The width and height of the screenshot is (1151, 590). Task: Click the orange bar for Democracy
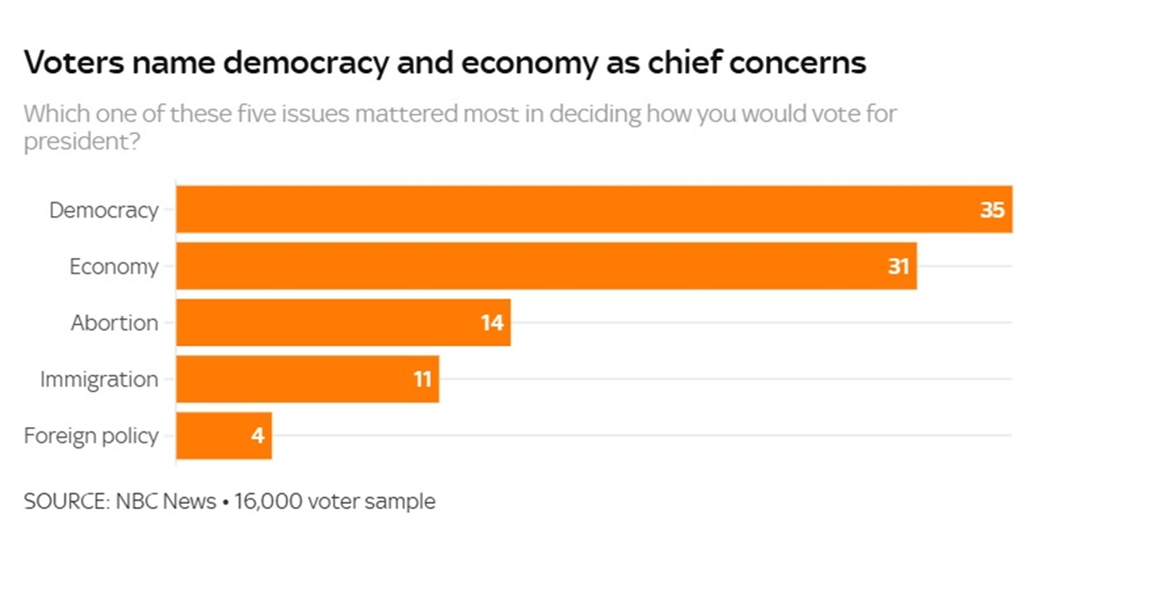click(x=580, y=209)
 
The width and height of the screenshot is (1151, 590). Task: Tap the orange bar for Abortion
click(x=331, y=323)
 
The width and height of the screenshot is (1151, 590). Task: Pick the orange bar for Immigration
click(x=298, y=379)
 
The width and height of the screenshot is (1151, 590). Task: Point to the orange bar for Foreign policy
click(x=215, y=435)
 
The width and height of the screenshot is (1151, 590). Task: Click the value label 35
click(x=992, y=210)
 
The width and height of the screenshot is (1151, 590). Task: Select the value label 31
click(x=898, y=266)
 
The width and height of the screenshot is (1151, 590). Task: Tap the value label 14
click(x=492, y=323)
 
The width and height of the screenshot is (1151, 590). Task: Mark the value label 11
click(x=422, y=379)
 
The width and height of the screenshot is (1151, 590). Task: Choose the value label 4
click(x=258, y=435)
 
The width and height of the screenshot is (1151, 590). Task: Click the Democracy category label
click(x=104, y=210)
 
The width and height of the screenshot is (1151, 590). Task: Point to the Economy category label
click(x=113, y=266)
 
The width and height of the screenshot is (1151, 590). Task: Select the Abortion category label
click(x=114, y=323)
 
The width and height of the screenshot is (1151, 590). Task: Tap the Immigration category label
click(x=99, y=379)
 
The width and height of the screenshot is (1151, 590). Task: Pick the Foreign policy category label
click(x=91, y=435)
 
